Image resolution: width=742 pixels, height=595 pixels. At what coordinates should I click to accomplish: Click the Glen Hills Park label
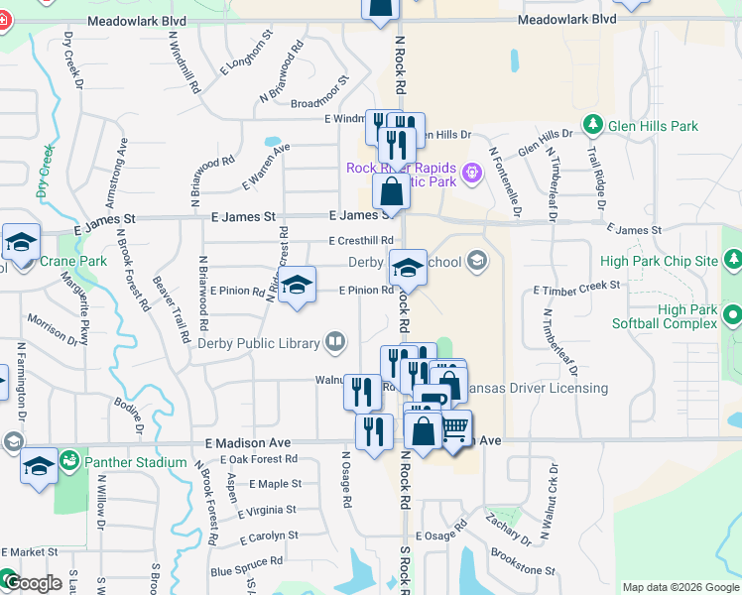click(655, 126)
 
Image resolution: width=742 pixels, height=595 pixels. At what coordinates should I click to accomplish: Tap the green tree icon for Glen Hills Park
click(593, 125)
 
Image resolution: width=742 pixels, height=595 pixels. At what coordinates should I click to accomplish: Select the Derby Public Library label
click(258, 343)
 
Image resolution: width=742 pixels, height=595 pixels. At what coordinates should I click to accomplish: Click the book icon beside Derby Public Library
click(336, 343)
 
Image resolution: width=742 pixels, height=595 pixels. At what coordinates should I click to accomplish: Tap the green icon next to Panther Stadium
click(68, 461)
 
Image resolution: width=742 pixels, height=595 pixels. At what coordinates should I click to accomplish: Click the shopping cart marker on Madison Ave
click(454, 429)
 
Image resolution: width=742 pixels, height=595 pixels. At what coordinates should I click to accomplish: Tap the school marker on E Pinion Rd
click(297, 285)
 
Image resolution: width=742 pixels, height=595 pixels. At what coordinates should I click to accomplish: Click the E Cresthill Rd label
click(361, 241)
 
